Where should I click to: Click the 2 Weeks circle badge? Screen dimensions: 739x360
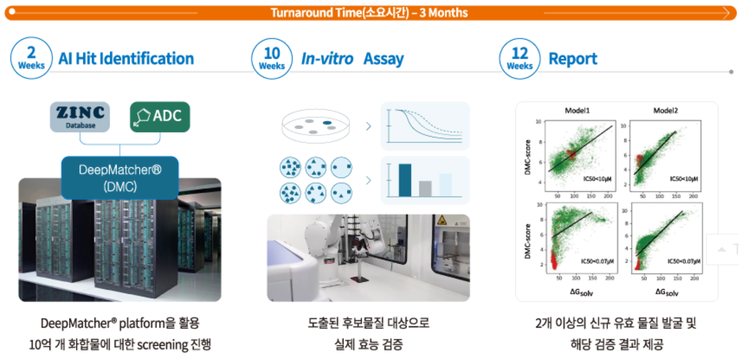(x=31, y=58)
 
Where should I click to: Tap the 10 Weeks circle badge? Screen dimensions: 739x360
(x=272, y=59)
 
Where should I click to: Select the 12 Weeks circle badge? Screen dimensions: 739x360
(x=520, y=59)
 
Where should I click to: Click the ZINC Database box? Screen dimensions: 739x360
(x=80, y=117)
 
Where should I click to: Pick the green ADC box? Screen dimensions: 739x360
(x=160, y=117)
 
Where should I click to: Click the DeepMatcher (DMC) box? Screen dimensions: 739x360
(x=120, y=178)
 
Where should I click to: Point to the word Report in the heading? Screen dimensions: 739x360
(x=573, y=59)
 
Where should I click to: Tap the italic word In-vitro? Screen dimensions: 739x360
(x=327, y=59)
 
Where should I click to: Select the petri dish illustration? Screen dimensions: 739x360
(x=316, y=126)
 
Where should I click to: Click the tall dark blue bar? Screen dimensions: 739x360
(x=405, y=180)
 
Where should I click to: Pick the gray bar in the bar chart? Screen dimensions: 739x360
(x=425, y=189)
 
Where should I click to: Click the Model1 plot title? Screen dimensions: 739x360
(x=577, y=111)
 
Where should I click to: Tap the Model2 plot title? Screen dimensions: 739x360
(x=666, y=111)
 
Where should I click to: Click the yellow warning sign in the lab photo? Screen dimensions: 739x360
(x=442, y=220)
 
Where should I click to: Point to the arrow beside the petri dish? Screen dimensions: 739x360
(x=369, y=126)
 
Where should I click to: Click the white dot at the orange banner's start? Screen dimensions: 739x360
(x=12, y=12)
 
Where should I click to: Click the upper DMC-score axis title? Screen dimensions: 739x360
(x=528, y=157)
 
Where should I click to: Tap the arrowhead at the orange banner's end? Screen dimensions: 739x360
(x=726, y=13)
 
